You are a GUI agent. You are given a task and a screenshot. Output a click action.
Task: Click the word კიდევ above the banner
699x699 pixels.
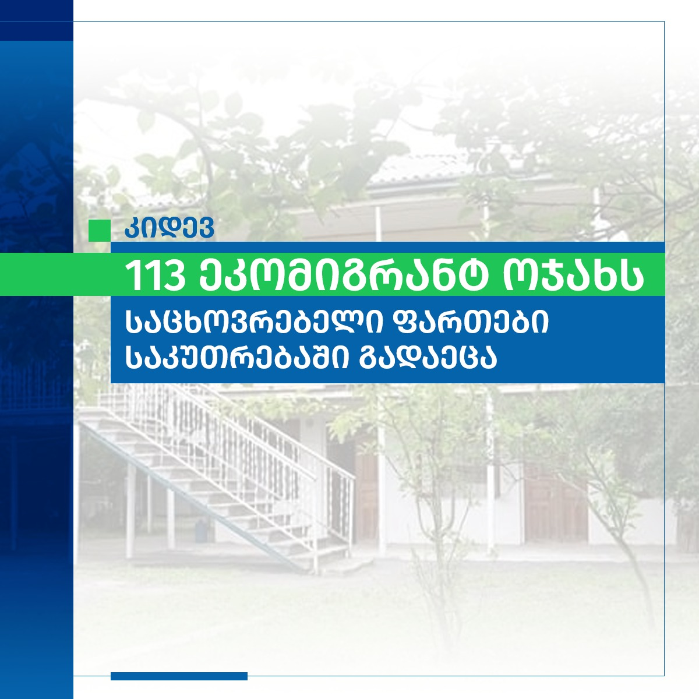tap(169, 228)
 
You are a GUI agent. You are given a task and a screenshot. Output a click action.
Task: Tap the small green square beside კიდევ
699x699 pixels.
tap(100, 230)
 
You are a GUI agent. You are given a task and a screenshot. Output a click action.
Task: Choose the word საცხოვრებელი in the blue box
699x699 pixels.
tap(254, 323)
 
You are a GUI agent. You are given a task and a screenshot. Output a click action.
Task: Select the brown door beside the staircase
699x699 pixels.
tap(366, 497)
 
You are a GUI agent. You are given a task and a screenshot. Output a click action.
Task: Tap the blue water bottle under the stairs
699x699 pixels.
tap(200, 530)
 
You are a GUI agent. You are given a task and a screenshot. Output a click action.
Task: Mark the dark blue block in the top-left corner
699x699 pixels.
tap(37, 20)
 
